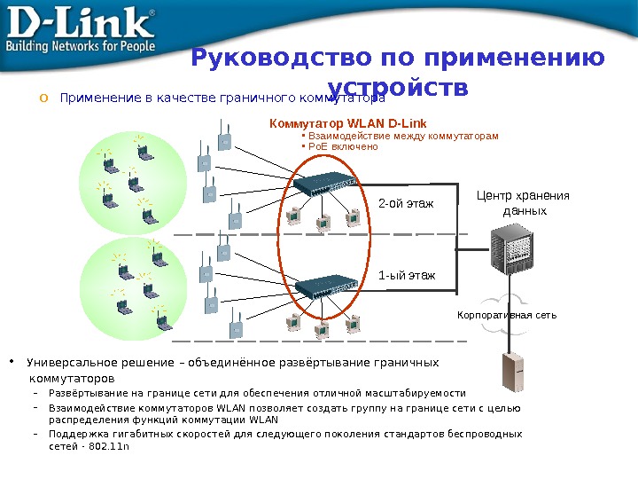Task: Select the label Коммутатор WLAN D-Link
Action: point(347,122)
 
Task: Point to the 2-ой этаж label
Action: point(406,204)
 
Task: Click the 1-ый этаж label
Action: point(407,275)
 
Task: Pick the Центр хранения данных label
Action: point(524,203)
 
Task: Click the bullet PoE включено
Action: point(342,147)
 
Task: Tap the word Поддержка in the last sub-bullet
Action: point(76,434)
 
